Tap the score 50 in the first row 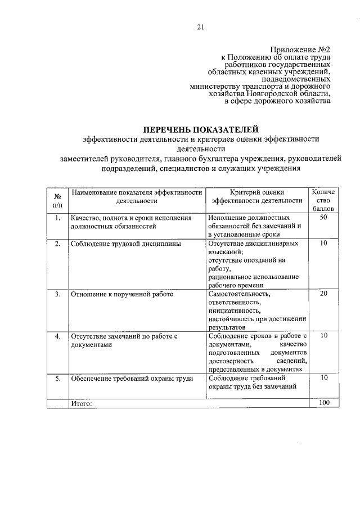(x=323, y=217)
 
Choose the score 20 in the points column (x=323, y=294)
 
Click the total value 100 (x=323, y=403)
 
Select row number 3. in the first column (x=57, y=294)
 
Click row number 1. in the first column (x=57, y=218)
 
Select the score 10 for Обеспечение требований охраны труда (x=323, y=378)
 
